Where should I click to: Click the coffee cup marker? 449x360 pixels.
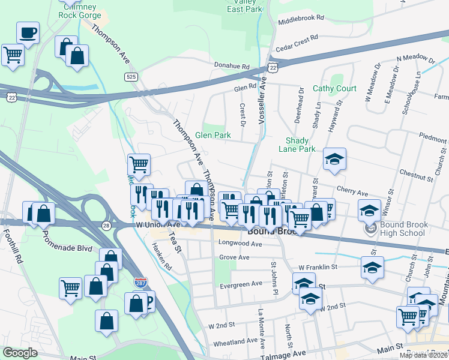click(x=28, y=32)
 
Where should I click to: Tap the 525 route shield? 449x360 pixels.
click(x=130, y=77)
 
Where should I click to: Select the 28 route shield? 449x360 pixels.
click(x=106, y=224)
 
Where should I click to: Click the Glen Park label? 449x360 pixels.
click(x=212, y=136)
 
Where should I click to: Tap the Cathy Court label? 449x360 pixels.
click(x=334, y=89)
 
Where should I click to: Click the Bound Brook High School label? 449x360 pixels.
click(x=403, y=229)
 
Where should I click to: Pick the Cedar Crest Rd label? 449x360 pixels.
click(x=296, y=40)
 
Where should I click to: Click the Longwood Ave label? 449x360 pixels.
click(x=241, y=244)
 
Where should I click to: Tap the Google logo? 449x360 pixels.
click(x=20, y=353)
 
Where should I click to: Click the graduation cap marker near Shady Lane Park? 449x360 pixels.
click(x=335, y=159)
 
